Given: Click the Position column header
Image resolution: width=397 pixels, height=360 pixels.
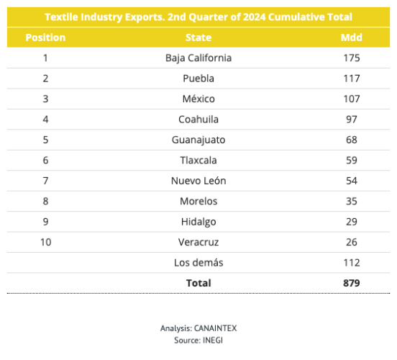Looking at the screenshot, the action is [45, 37].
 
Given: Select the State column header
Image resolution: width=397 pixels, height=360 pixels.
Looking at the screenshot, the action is [198, 37].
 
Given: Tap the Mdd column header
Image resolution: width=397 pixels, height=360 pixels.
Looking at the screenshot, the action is [352, 37].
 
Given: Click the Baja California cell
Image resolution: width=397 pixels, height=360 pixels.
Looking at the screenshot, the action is [198, 58].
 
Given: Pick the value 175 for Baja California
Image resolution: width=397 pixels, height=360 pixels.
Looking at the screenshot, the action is [352, 58].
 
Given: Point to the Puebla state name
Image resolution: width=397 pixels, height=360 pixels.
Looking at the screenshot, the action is [198, 78].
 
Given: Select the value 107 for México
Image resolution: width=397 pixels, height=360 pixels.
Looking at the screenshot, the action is [352, 99].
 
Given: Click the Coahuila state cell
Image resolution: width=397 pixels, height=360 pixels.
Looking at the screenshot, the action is [198, 119].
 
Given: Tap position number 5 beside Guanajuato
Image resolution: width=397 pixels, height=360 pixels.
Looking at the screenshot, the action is [45, 140].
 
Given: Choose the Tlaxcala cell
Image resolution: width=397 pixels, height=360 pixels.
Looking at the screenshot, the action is [198, 161].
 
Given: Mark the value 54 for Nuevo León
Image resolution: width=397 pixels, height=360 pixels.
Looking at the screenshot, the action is [352, 181].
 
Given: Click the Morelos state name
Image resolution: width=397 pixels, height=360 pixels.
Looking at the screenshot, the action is [198, 201].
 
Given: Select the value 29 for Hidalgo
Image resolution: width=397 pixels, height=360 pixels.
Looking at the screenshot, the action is [352, 222].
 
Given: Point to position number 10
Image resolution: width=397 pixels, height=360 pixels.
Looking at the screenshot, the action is [46, 242].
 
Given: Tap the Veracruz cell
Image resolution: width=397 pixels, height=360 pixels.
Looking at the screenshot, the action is [198, 242].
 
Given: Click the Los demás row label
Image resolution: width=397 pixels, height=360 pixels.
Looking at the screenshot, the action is [198, 263].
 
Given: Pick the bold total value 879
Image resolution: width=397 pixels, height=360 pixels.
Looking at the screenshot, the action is [352, 283].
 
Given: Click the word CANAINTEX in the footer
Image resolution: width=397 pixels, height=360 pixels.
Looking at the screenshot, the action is [215, 328].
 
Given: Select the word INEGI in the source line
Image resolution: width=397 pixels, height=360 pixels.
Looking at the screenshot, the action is [213, 341].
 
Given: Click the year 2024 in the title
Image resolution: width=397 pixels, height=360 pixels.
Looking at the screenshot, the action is [254, 17].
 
